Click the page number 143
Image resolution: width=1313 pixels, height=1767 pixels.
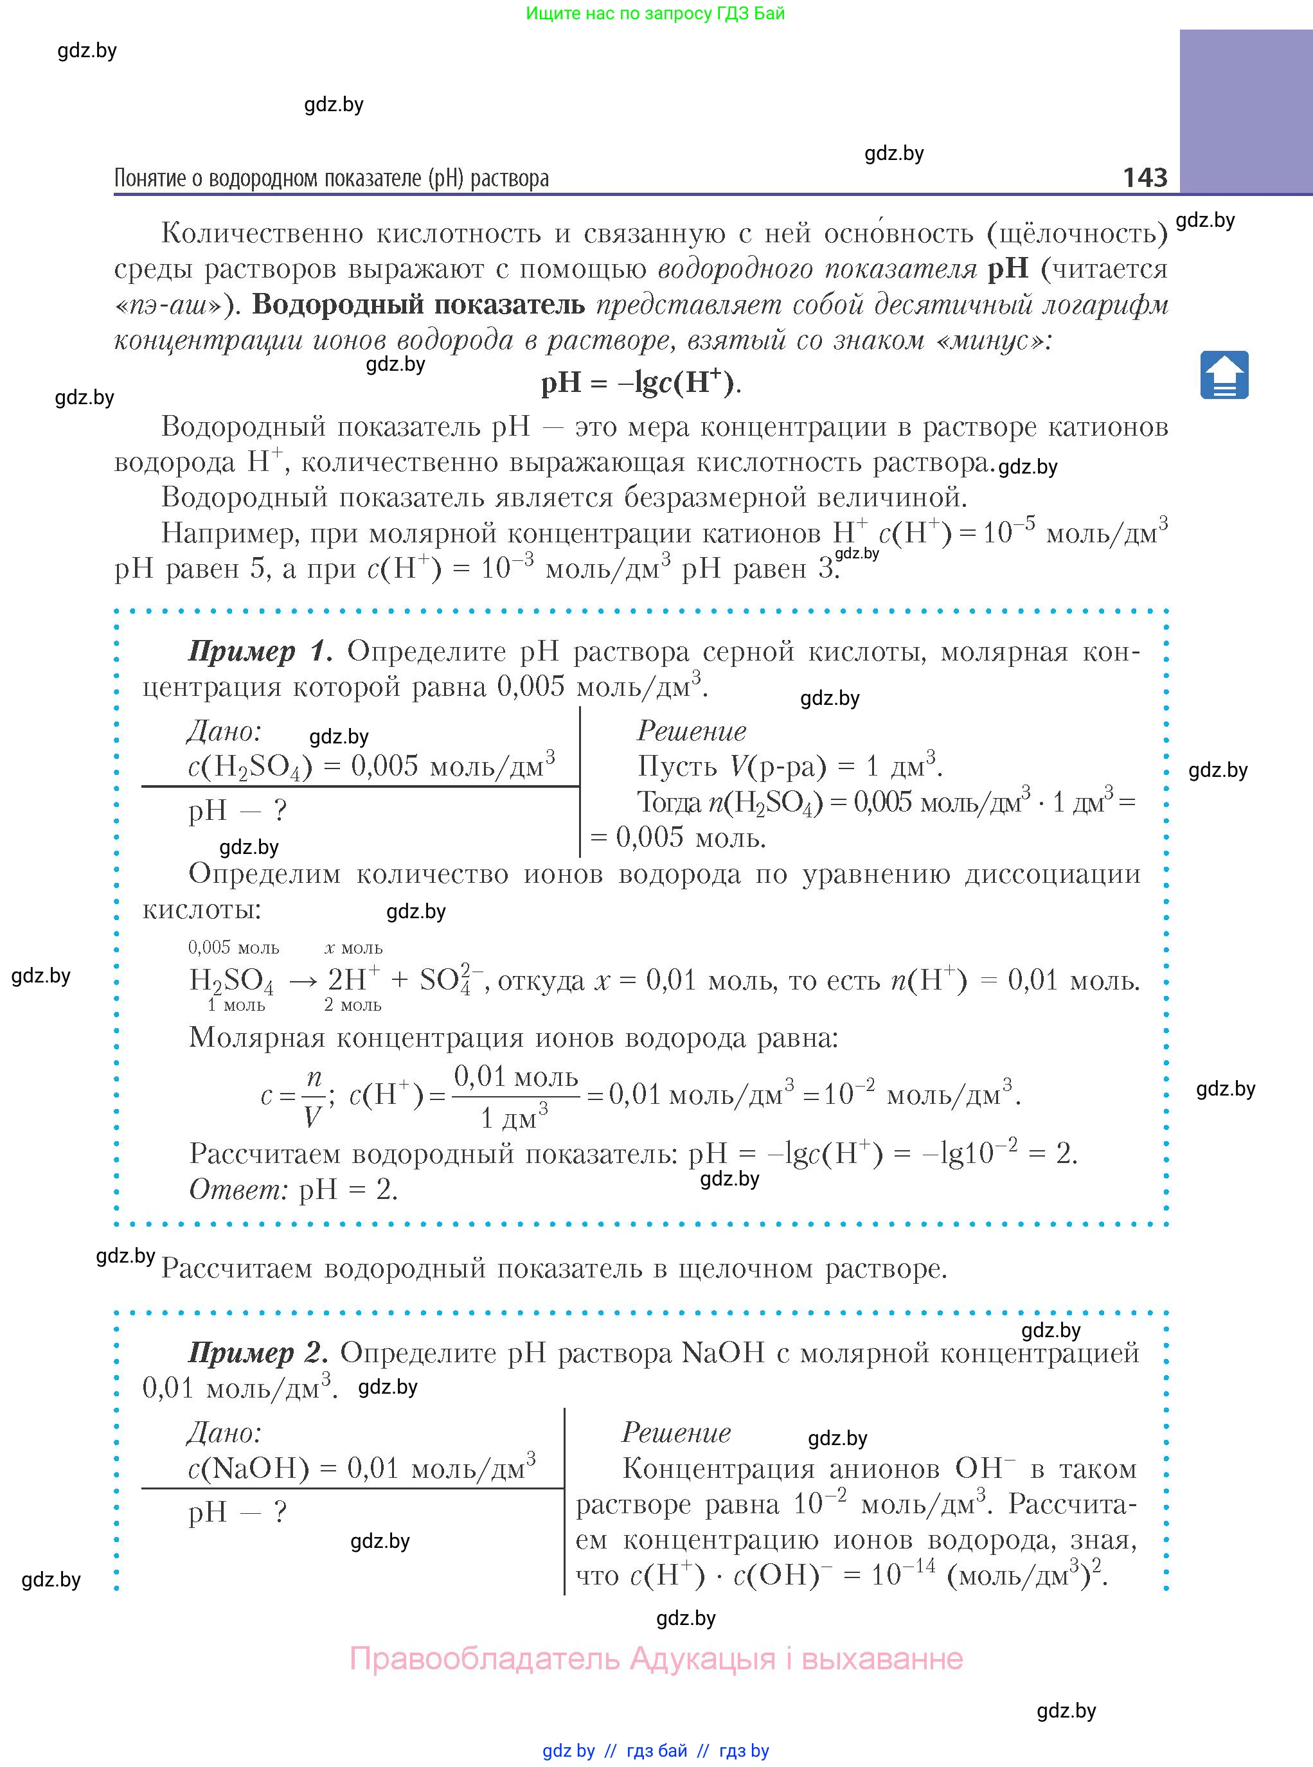coord(1145,177)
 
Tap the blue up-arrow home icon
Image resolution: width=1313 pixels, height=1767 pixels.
coord(1224,375)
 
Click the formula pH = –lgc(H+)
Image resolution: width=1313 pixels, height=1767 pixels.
coord(641,383)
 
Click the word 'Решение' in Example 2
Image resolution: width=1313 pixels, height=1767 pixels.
coord(675,1432)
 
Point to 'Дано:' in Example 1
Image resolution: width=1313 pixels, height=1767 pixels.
coord(224,731)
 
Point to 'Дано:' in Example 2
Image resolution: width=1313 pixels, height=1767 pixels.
coord(224,1432)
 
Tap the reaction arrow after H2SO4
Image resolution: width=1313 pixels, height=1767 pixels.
coord(303,981)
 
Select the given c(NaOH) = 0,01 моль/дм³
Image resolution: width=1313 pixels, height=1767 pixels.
coord(362,1468)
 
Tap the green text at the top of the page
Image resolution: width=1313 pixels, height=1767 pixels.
coord(655,13)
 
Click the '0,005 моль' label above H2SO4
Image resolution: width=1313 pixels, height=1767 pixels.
coord(234,947)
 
